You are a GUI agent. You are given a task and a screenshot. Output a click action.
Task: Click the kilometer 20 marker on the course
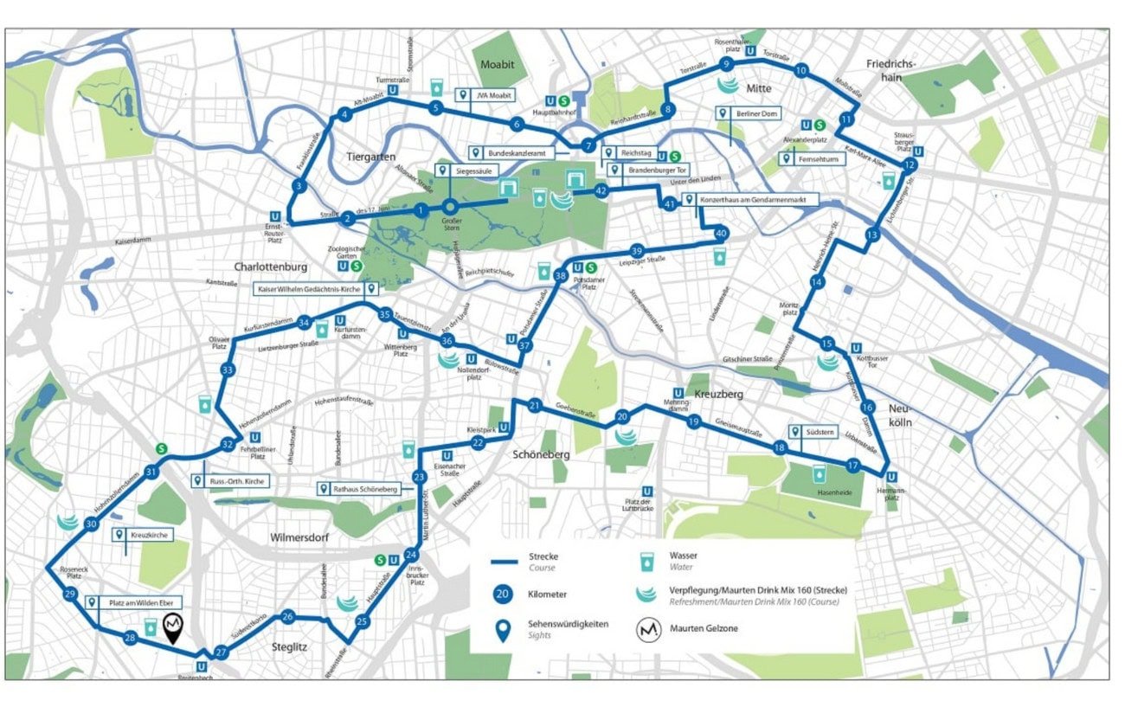[621, 417]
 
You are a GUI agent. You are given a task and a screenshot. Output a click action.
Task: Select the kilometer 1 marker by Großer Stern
[421, 209]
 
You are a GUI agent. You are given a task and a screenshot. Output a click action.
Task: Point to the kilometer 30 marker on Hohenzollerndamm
[91, 523]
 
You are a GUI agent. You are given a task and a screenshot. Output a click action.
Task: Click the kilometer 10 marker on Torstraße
[801, 71]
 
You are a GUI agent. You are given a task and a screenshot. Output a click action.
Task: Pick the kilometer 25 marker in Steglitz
[363, 620]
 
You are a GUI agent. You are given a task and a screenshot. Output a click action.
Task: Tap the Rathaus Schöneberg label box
[359, 490]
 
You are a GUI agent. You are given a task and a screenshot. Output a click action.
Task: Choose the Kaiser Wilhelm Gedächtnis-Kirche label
[317, 288]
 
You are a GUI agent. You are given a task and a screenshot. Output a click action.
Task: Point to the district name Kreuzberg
[720, 394]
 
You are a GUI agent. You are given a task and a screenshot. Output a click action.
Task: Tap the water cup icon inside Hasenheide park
[818, 473]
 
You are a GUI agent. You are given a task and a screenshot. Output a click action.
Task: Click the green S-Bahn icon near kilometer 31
[161, 448]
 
